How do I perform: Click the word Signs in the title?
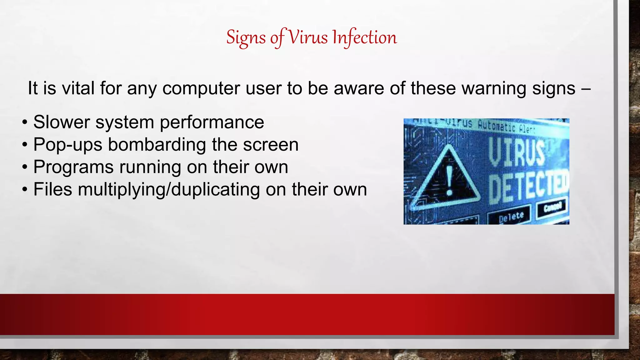click(x=246, y=37)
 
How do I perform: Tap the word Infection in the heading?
click(x=364, y=37)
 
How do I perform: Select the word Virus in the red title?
click(x=307, y=37)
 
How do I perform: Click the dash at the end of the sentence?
click(x=586, y=89)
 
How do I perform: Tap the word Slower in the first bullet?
click(x=62, y=122)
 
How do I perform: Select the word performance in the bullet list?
click(x=212, y=122)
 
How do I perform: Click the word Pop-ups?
click(x=67, y=145)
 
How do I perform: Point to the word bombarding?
click(x=157, y=145)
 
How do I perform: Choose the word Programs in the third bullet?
click(x=73, y=167)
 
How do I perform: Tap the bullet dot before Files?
click(x=25, y=190)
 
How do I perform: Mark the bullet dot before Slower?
click(x=25, y=122)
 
